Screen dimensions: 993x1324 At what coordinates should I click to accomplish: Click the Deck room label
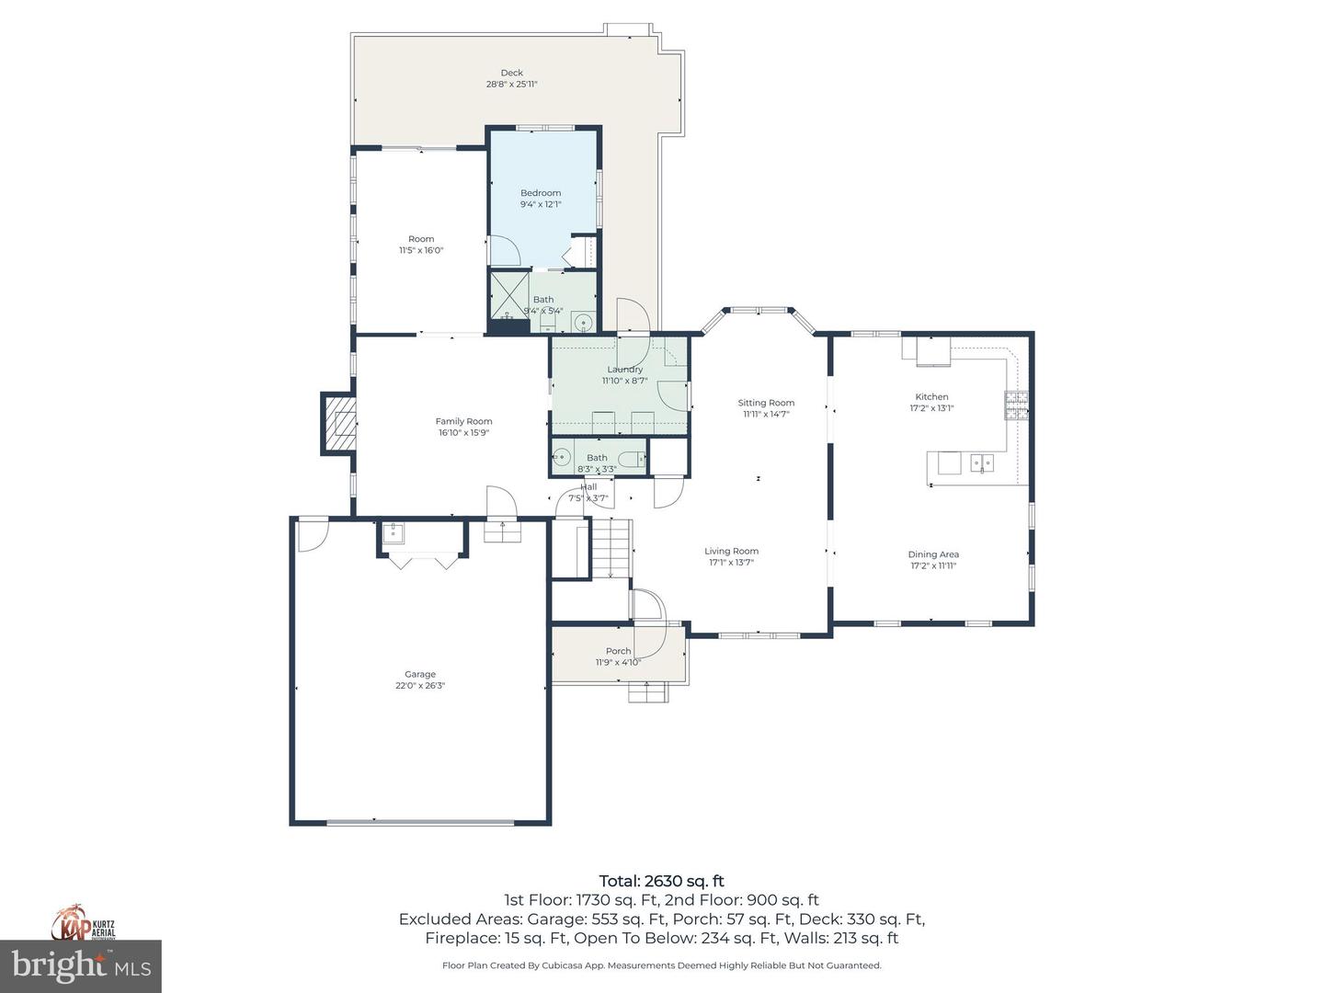click(x=511, y=73)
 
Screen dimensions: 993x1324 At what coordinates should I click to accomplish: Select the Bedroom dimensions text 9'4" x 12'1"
click(x=541, y=205)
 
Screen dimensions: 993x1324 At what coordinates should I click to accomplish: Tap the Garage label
click(x=420, y=674)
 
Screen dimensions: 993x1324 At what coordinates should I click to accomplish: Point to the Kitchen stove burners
click(x=1016, y=405)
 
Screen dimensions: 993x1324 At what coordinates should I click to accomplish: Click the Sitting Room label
click(x=766, y=403)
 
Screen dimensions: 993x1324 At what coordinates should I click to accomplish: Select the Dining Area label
click(x=933, y=554)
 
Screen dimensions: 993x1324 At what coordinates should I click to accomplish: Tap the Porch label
click(x=618, y=651)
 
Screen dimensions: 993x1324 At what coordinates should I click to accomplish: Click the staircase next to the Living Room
click(x=610, y=548)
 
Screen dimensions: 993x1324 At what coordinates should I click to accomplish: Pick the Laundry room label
click(x=624, y=370)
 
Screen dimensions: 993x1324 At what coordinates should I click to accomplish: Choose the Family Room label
click(x=463, y=421)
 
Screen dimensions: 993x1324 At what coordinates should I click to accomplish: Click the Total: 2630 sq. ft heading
click(x=661, y=881)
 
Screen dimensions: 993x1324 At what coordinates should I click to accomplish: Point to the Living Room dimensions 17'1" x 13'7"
click(x=732, y=563)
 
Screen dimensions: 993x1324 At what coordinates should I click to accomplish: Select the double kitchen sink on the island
click(x=982, y=462)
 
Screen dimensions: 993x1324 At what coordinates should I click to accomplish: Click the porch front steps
click(x=648, y=692)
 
